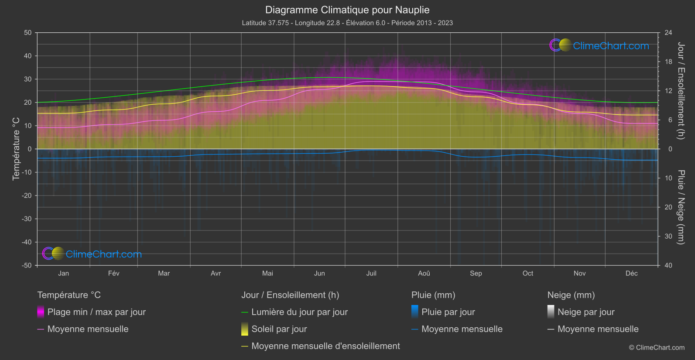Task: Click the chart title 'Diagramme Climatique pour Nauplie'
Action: [x=347, y=10]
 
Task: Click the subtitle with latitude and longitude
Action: [x=347, y=23]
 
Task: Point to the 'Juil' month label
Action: [x=371, y=274]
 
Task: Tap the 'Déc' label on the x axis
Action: [x=631, y=274]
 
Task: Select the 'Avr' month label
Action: [x=216, y=274]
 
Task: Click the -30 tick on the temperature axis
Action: [x=27, y=219]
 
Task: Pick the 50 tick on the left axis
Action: [x=28, y=33]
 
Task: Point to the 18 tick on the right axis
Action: [x=668, y=62]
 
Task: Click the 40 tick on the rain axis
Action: [x=668, y=265]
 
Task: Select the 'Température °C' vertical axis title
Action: [x=16, y=149]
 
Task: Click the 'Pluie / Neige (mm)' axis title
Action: [x=681, y=207]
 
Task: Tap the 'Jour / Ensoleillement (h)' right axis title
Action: [x=681, y=91]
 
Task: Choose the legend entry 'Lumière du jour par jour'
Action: [x=299, y=312]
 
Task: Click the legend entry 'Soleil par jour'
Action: [x=279, y=329]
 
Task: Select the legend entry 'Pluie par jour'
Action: [x=448, y=312]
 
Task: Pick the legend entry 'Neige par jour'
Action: [x=586, y=312]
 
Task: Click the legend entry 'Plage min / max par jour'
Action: [x=96, y=312]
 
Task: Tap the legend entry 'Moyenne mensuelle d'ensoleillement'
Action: [x=325, y=346]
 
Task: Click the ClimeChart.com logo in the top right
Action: [x=599, y=45]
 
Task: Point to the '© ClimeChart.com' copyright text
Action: [x=657, y=348]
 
